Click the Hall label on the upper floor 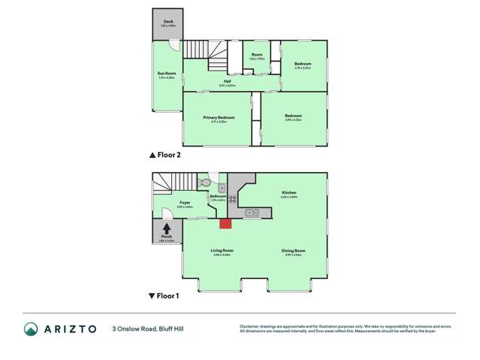227,81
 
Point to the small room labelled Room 257,55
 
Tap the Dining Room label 294,250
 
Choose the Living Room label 222,250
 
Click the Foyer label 185,202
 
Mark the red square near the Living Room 225,223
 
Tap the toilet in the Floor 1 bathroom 204,183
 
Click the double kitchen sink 251,213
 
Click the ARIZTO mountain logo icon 31,329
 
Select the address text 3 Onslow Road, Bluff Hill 153,329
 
